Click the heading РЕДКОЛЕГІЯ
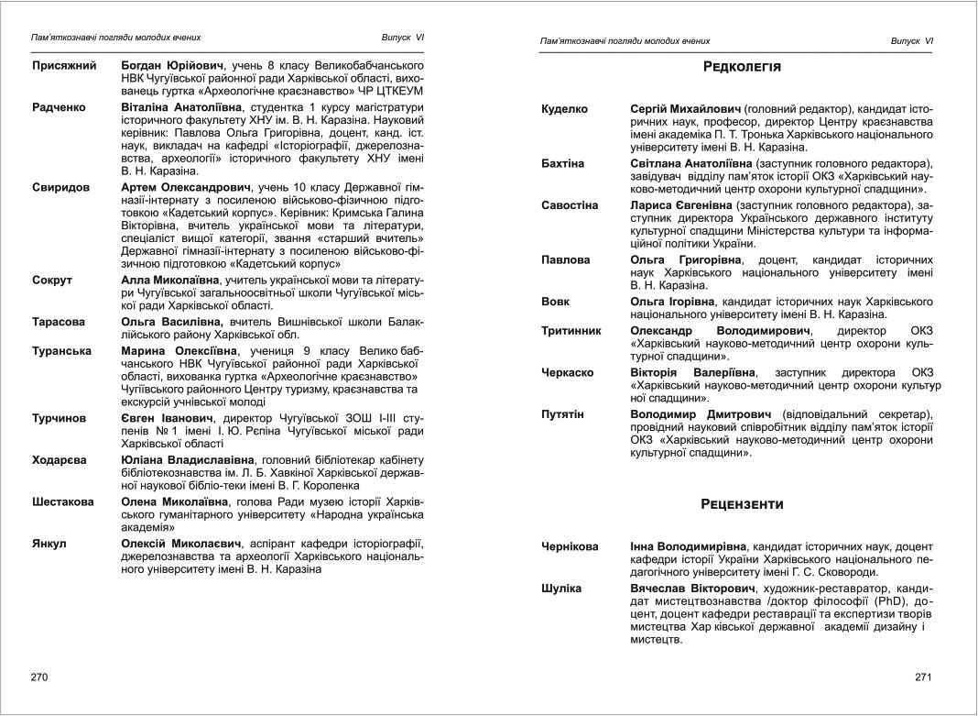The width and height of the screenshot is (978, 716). point(742,67)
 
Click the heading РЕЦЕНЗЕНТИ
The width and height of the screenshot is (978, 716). point(743,504)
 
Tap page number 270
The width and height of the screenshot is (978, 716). point(39,677)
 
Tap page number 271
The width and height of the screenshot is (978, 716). point(922,677)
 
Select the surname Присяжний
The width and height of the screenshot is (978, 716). point(64,67)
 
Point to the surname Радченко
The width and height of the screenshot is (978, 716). point(59,107)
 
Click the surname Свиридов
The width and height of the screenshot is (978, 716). point(60,187)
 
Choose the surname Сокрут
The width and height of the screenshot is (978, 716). point(52,280)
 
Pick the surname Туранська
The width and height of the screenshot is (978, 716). point(61,351)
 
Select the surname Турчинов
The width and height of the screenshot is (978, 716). point(60,418)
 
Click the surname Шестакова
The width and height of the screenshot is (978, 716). point(63,502)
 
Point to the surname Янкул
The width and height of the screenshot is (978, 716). point(49,544)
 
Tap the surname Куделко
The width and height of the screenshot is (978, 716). point(564,109)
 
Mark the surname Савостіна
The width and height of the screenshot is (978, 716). point(570,205)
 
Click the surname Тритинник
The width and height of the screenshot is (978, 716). point(571,331)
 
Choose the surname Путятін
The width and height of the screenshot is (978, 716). point(562,414)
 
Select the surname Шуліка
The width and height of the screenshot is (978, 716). point(561,588)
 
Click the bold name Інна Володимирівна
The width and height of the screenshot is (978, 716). point(688,546)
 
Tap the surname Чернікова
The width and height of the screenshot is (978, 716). point(570,546)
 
